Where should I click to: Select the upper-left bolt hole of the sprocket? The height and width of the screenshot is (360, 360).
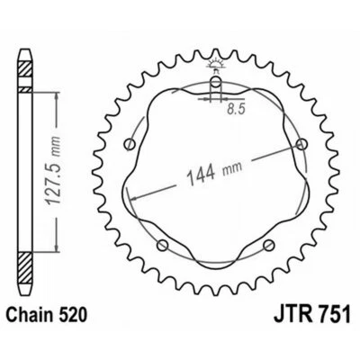click(132, 144)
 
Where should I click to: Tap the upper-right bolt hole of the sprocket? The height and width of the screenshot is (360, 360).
click(300, 144)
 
